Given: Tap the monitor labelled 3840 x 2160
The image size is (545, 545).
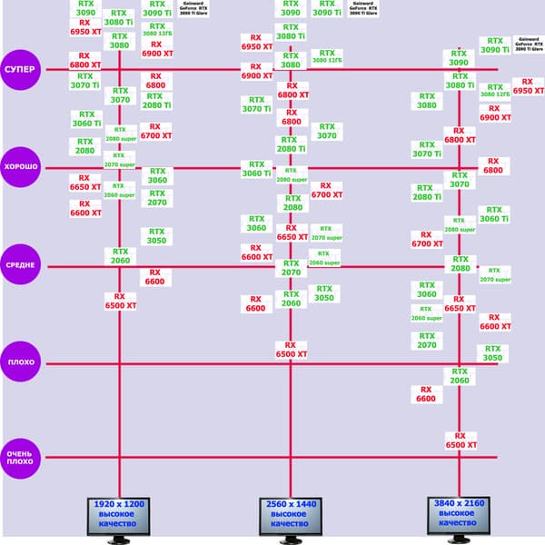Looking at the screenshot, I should pos(460,517).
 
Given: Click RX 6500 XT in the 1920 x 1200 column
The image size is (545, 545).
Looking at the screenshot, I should pos(120,302).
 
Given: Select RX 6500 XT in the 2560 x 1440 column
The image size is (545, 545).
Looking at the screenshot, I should pos(290,350).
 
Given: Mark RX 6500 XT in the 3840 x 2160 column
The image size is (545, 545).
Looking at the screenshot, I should pos(460,441).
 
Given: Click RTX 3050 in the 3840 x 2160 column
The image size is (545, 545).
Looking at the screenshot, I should pos(492,352).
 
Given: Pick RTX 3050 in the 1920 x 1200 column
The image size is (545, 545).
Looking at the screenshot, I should pos(156,236).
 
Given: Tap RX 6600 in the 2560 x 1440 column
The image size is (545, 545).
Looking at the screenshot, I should pos(255,303).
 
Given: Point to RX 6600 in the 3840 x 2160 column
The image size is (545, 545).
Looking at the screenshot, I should pos(426,393).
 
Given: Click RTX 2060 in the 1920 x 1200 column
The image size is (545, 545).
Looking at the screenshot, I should pos(120,255).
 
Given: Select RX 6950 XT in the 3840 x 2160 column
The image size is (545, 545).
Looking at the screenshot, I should pos(528,86).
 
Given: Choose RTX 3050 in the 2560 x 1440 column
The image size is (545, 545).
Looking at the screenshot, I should pos(324,293).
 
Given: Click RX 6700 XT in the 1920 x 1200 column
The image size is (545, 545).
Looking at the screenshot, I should pos(156,131).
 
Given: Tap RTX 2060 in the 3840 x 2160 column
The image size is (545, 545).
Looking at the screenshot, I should pos(460,376).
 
